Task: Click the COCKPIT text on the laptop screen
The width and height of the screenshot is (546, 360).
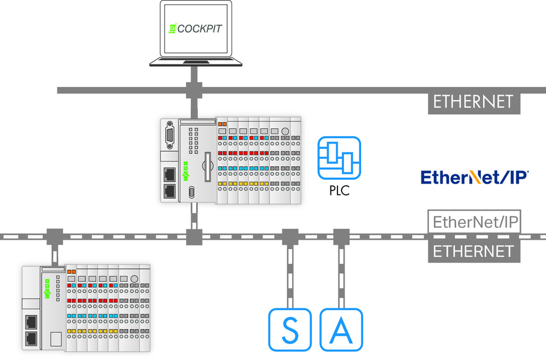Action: (199, 28)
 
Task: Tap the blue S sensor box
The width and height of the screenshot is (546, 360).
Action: (290, 329)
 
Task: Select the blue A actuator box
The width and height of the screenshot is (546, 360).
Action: (341, 329)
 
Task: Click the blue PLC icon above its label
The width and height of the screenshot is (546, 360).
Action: (339, 158)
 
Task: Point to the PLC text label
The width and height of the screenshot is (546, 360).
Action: (340, 191)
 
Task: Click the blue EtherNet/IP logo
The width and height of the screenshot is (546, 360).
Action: (474, 177)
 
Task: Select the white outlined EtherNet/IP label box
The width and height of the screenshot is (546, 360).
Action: (474, 222)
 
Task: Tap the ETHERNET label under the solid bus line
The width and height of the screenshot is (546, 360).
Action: (474, 102)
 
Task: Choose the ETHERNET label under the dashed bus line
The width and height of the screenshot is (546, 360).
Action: (474, 251)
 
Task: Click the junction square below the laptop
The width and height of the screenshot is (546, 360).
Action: (194, 90)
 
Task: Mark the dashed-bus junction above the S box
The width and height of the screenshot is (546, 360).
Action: (290, 237)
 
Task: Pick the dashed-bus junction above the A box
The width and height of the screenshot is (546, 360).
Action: (341, 237)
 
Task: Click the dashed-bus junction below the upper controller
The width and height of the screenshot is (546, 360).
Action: (194, 237)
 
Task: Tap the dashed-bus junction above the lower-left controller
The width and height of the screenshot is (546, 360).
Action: (55, 237)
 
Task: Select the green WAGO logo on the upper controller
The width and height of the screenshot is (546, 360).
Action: (186, 171)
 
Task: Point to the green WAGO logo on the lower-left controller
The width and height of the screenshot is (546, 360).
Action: (47, 288)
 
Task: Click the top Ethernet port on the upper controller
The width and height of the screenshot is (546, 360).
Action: (170, 175)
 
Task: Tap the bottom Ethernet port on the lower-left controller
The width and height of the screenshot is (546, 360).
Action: (31, 338)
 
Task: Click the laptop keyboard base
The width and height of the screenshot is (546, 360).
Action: (195, 62)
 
